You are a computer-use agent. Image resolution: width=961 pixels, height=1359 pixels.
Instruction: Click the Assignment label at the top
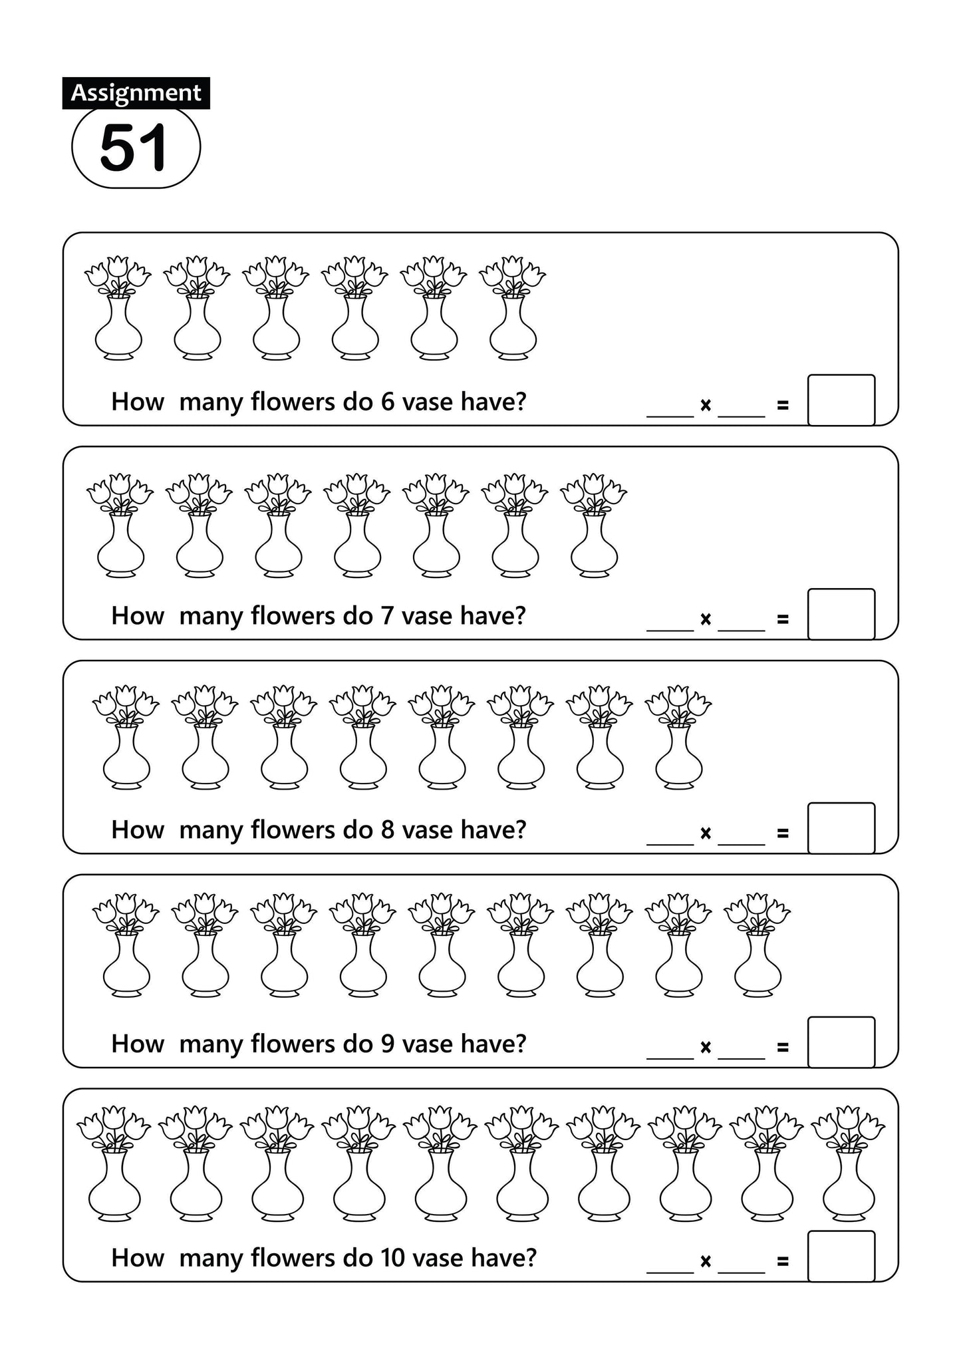(x=136, y=93)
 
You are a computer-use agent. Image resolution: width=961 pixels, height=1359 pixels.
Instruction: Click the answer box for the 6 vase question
(x=841, y=400)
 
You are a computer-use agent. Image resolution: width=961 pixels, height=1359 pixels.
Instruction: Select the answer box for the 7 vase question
(x=841, y=614)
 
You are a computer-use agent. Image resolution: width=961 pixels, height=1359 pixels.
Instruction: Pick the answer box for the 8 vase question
(x=841, y=828)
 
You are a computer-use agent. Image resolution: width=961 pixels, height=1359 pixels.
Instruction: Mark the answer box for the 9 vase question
(x=841, y=1042)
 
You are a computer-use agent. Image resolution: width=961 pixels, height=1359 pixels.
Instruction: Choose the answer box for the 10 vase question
(x=841, y=1257)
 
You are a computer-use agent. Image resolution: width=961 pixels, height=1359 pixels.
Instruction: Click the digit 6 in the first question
(x=388, y=402)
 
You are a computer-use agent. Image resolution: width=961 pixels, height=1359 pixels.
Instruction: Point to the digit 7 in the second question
(x=388, y=616)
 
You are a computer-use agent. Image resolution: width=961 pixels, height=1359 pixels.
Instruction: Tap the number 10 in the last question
(x=392, y=1258)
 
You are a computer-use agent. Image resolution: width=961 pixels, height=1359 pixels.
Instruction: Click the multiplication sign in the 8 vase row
(x=706, y=833)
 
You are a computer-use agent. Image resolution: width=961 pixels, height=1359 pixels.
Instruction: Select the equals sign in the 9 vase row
(x=783, y=1048)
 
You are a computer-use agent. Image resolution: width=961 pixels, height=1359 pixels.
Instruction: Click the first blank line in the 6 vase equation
(x=670, y=417)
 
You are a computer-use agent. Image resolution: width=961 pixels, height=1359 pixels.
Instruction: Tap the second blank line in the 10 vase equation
(x=742, y=1273)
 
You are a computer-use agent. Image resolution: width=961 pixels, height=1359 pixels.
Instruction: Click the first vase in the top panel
(x=118, y=308)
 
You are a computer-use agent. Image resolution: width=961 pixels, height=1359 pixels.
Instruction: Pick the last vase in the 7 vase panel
(x=594, y=525)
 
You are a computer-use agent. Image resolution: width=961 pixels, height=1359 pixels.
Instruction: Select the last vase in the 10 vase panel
(x=848, y=1164)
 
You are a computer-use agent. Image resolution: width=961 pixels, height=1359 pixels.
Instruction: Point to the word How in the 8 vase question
(x=138, y=830)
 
